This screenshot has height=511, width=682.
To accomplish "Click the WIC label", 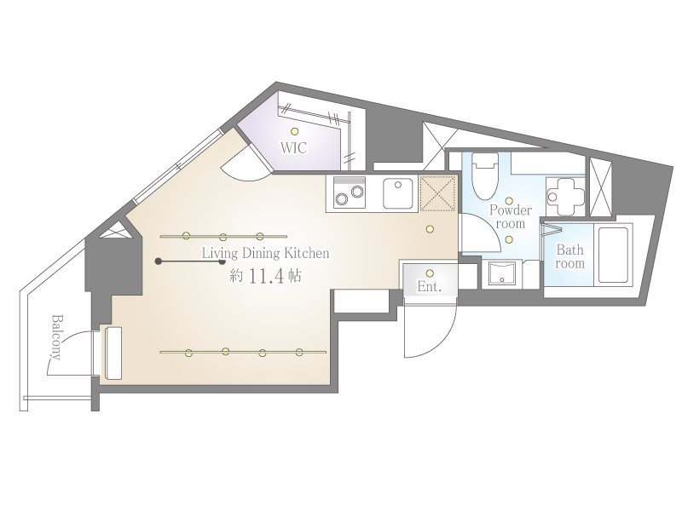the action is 293,147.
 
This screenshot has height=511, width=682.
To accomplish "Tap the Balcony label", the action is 56,337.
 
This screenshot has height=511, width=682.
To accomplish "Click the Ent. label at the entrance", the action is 430,286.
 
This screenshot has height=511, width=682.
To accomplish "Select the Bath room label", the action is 569,257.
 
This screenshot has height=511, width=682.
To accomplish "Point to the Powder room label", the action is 511,217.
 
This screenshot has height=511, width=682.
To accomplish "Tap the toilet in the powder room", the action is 485,176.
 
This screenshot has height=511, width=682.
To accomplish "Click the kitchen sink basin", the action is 398,193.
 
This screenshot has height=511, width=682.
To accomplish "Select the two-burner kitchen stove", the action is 350,193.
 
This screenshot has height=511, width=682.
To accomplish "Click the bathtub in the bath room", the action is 613,255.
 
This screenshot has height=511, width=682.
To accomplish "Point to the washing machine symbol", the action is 565,196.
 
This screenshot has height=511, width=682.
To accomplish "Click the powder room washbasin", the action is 502,273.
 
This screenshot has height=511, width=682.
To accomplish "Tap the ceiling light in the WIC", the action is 295,131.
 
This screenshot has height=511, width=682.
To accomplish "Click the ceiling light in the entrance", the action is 430,273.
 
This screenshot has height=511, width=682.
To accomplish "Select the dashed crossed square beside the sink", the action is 437,193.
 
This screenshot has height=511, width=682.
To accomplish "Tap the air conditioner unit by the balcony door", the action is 113,353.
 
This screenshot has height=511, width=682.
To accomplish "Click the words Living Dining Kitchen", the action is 265,253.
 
